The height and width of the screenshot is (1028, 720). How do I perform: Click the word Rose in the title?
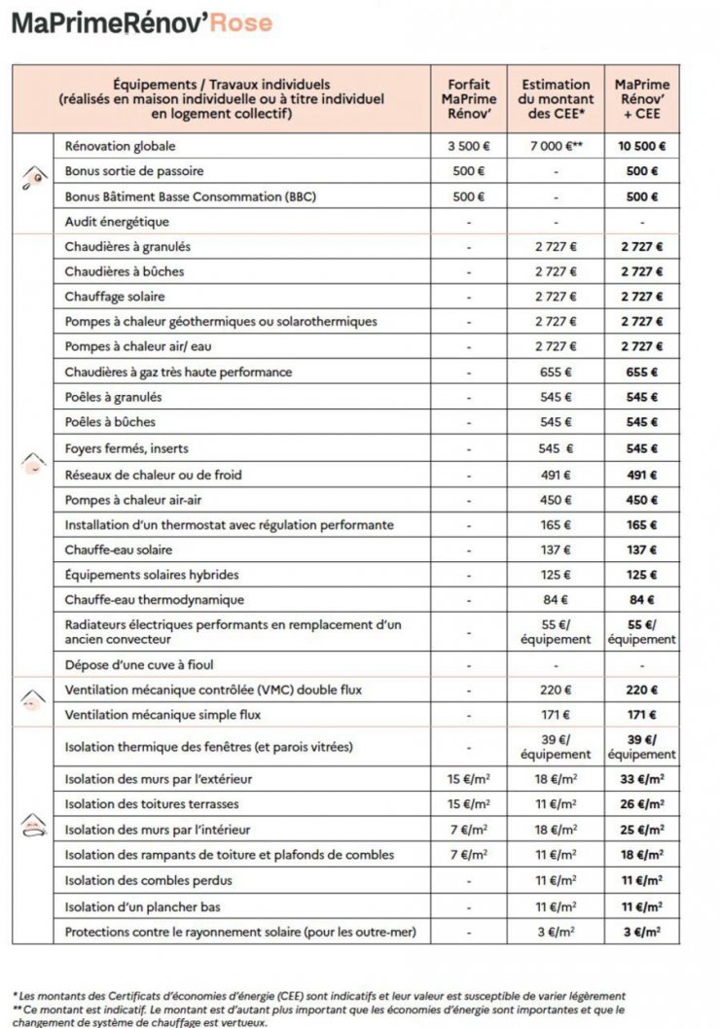[241, 23]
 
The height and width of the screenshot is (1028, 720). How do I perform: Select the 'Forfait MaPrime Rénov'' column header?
[468, 99]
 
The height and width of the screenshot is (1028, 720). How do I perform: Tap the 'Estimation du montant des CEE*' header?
[556, 99]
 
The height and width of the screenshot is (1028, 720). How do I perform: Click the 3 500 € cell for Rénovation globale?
[468, 146]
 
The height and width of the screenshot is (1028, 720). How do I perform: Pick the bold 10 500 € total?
[642, 146]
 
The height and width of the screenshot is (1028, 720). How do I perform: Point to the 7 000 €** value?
[556, 146]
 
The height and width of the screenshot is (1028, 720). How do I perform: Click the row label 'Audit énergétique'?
[117, 222]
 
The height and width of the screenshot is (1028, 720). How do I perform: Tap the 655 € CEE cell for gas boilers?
[556, 372]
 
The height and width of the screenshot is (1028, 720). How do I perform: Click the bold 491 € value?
[642, 475]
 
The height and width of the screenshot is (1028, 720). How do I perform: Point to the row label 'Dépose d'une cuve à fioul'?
[139, 665]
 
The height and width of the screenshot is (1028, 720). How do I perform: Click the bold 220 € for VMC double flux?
[642, 691]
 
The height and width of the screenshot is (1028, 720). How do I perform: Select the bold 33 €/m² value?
[642, 780]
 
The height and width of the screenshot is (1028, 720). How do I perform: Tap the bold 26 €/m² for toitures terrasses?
[642, 805]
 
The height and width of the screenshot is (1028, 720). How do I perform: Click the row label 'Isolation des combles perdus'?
[149, 881]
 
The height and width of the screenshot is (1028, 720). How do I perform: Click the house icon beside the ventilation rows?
[34, 699]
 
